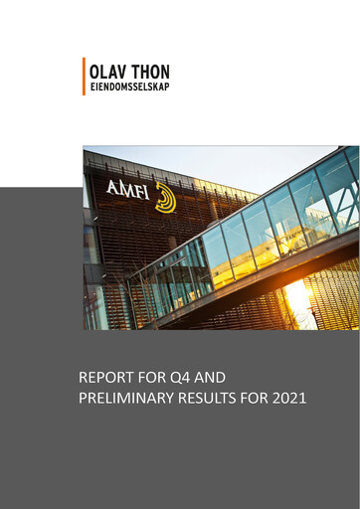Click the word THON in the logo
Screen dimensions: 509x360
click(150, 73)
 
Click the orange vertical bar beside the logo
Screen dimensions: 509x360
click(86, 77)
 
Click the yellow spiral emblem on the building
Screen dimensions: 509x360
click(164, 196)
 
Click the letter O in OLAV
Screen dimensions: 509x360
click(94, 73)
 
